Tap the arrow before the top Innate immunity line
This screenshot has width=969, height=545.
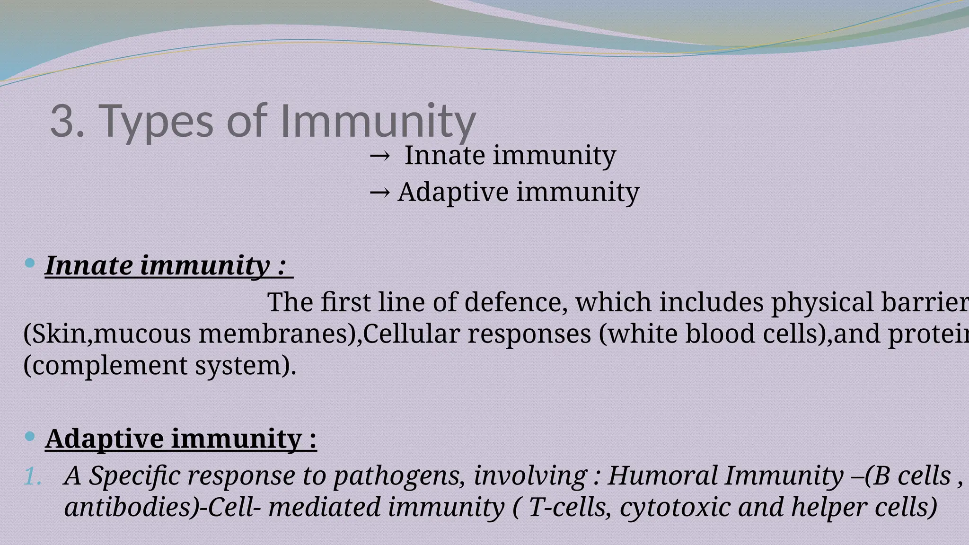coord(380,155)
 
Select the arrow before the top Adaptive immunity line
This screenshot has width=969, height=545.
coord(380,192)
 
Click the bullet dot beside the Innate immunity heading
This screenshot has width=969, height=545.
coord(29,263)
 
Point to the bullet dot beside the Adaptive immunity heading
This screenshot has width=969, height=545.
coord(29,436)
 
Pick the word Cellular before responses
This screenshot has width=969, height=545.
coord(411,334)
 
